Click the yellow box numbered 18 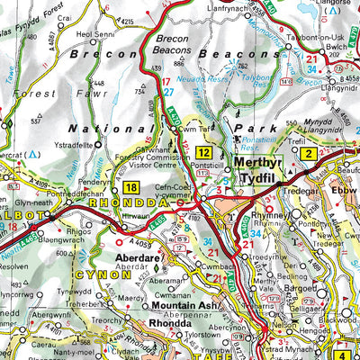pos(133,187)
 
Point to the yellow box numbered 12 pos(205,153)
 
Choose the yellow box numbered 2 pos(308,154)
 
